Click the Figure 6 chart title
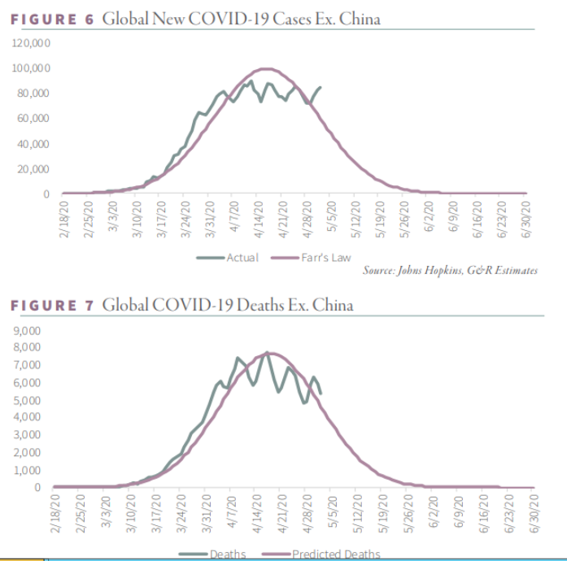point(195,19)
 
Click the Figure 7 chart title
point(181,305)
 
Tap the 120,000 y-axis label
point(32,42)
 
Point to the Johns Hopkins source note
point(450,271)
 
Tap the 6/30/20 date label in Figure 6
point(527,219)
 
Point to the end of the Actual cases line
point(321,87)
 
